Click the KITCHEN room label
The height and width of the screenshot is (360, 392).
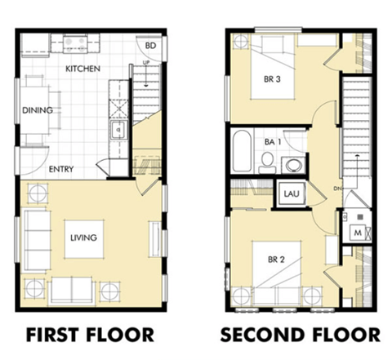[82, 69]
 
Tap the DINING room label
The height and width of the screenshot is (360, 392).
[38, 109]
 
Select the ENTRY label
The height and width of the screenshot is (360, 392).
[62, 170]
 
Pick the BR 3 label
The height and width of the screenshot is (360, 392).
[272, 79]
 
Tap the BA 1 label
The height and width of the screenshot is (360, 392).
[273, 141]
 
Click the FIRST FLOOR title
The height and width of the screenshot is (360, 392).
[89, 335]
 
